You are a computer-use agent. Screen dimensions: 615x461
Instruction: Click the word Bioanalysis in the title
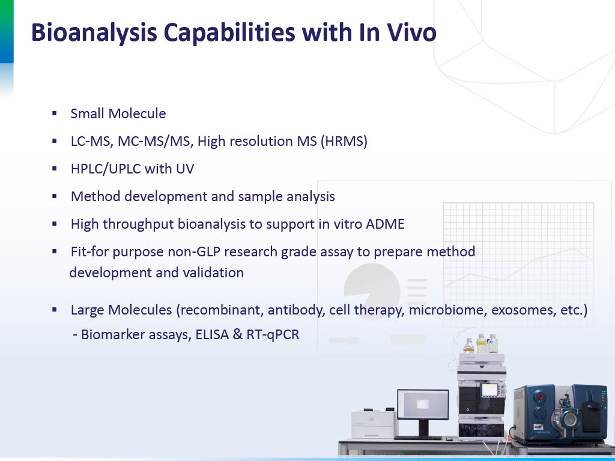point(94,32)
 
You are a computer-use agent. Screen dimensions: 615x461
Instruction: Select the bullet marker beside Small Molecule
point(55,113)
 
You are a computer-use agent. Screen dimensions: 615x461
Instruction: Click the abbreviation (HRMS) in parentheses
point(344,141)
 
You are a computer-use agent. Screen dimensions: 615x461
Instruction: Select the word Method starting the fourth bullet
point(96,196)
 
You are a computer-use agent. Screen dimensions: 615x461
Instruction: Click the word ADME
point(385,224)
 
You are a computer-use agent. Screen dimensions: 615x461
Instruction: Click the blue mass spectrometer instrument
point(561,414)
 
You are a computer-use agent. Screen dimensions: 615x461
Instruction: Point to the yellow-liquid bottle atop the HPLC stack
point(481,344)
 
